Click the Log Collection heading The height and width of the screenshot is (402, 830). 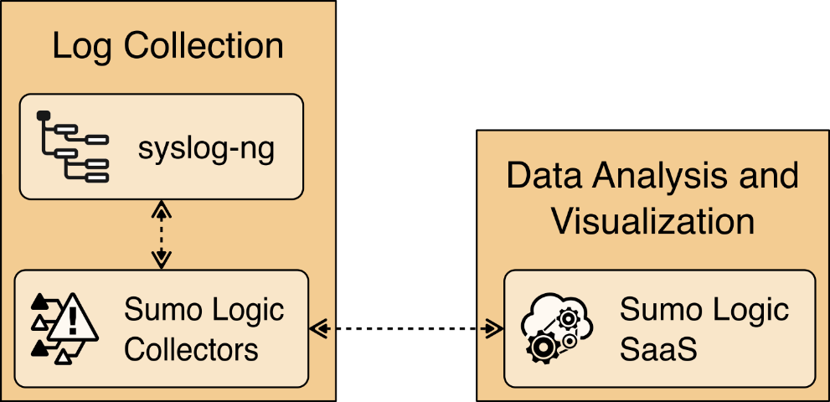[x=168, y=46]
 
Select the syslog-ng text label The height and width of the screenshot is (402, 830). [x=206, y=150]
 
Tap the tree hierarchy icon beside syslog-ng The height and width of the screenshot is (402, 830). [x=72, y=147]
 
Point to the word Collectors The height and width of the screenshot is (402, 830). [x=191, y=349]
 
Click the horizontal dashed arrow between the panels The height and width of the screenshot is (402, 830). [x=405, y=328]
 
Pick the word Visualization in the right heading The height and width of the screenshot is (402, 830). [x=652, y=222]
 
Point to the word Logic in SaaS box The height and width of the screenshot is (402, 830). [x=747, y=311]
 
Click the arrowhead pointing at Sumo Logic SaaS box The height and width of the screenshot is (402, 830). [x=495, y=328]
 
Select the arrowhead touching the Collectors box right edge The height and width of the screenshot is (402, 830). [x=317, y=328]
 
